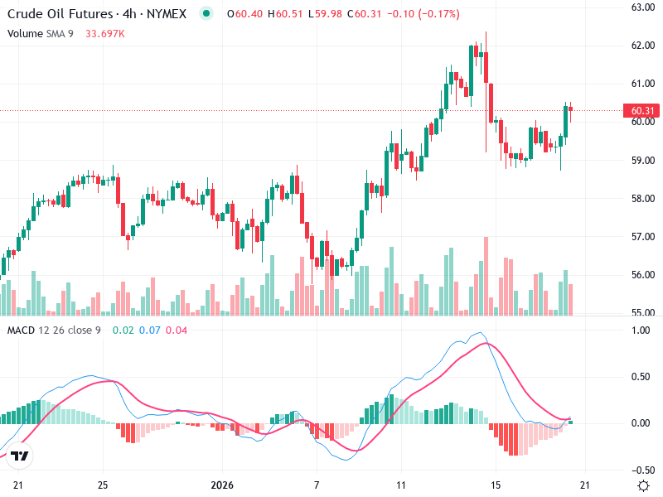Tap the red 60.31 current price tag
click(x=643, y=111)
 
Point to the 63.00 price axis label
click(x=643, y=7)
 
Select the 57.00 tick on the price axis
click(x=643, y=237)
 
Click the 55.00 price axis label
click(x=643, y=313)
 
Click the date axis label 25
click(x=103, y=485)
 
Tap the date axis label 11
click(x=401, y=485)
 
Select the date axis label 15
click(x=496, y=485)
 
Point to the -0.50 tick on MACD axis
click(x=643, y=469)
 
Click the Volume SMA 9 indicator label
click(x=41, y=33)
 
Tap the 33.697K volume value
click(x=105, y=33)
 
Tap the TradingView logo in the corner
click(x=21, y=456)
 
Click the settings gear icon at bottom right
click(x=643, y=485)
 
